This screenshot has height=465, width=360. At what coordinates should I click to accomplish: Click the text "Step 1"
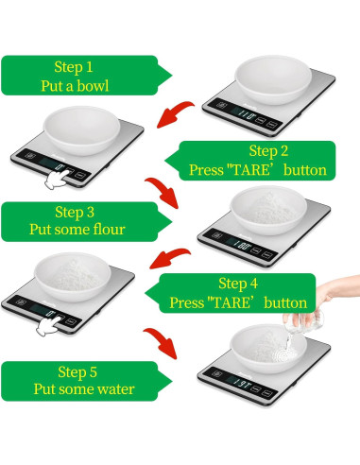coord(75,67)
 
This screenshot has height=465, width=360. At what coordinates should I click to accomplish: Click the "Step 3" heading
coord(75,212)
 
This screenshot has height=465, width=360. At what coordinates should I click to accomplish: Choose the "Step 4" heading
coord(245,284)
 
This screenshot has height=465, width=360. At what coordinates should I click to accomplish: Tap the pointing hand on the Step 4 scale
coord(49,325)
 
